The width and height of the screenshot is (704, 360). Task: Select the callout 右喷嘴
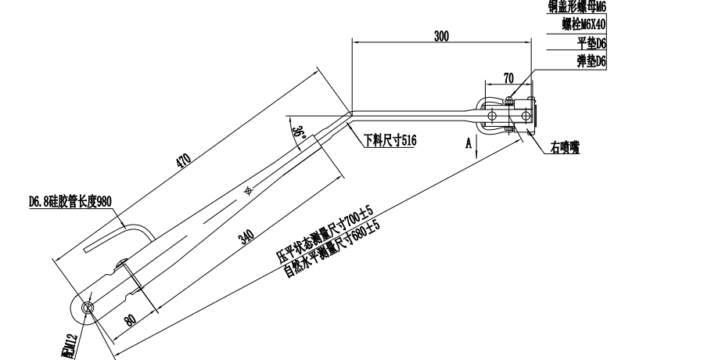coord(564,148)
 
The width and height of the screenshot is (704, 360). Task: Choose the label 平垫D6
coord(591,42)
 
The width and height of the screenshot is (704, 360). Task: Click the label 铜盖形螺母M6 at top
coord(576,7)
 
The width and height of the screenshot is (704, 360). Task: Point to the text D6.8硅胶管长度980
coord(70,202)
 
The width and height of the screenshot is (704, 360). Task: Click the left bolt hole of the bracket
coord(491,116)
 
